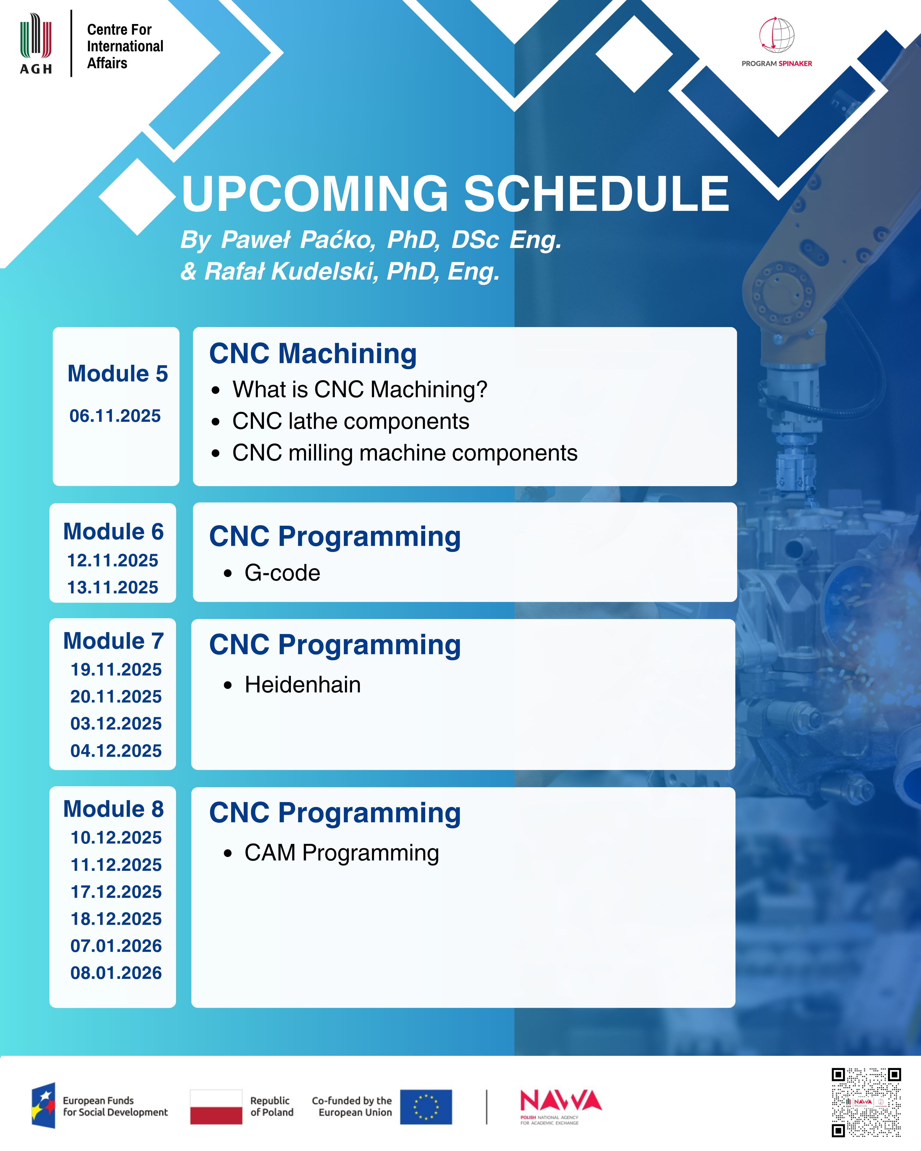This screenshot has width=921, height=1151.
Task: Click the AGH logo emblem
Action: [36, 44]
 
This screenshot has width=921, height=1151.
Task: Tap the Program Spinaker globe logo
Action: [777, 35]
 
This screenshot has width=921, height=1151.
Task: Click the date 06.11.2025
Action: [115, 416]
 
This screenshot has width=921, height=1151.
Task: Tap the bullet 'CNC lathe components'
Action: [351, 421]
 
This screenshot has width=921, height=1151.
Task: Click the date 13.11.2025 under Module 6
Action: [113, 587]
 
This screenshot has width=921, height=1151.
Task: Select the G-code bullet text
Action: [282, 573]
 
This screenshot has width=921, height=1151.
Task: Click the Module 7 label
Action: [113, 641]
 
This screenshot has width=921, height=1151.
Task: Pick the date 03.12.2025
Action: [116, 724]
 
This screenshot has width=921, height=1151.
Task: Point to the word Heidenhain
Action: [303, 684]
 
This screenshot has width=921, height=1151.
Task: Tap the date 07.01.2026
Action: [116, 946]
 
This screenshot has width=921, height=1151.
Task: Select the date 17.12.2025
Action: [116, 892]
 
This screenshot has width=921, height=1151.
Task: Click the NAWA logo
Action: [561, 1106]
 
